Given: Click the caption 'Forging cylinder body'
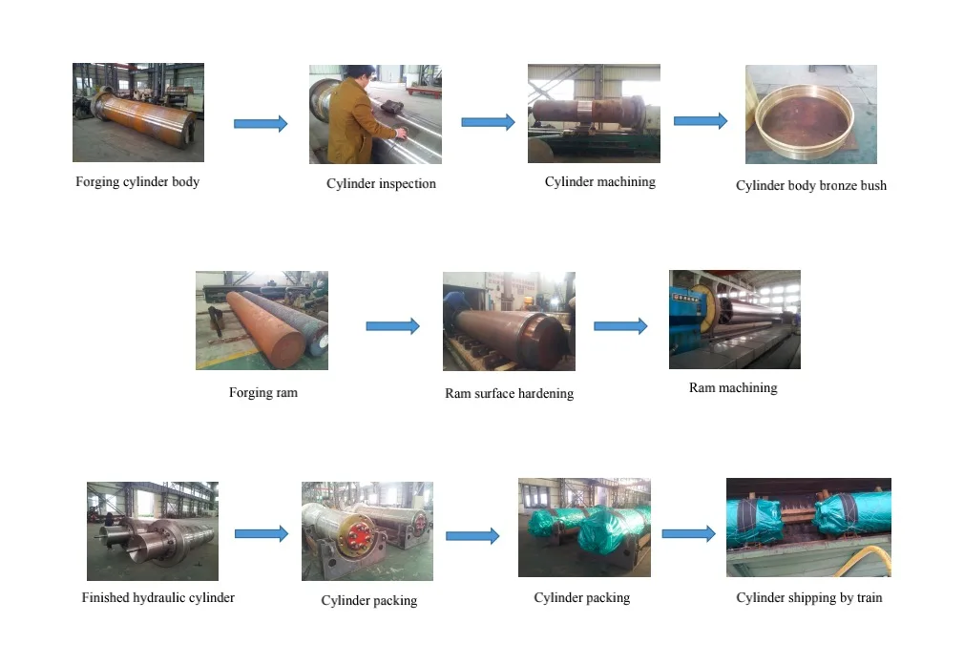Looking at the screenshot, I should [x=137, y=181].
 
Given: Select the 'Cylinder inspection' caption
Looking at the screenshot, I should [x=381, y=183].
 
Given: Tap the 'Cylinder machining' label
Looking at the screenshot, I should [x=599, y=181].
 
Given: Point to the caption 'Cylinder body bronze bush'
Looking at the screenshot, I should [x=810, y=185].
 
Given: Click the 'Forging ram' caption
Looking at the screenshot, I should [x=262, y=392].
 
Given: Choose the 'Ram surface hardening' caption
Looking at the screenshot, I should [x=509, y=393].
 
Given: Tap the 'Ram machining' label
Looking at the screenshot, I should [x=733, y=387].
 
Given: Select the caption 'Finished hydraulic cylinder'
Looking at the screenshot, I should [x=157, y=597].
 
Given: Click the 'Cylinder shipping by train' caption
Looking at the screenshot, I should [x=808, y=597].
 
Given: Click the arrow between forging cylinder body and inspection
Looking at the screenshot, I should [x=261, y=123].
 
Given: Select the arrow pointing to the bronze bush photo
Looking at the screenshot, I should [x=701, y=121].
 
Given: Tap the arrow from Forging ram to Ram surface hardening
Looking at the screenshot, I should [x=392, y=326].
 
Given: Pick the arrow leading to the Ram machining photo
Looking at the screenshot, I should [x=620, y=326].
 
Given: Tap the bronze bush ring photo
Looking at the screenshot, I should [x=810, y=114].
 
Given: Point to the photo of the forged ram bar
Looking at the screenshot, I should [x=262, y=321].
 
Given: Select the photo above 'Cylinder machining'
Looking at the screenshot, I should [x=594, y=113].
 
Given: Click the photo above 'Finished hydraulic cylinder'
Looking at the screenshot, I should [x=152, y=531].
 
